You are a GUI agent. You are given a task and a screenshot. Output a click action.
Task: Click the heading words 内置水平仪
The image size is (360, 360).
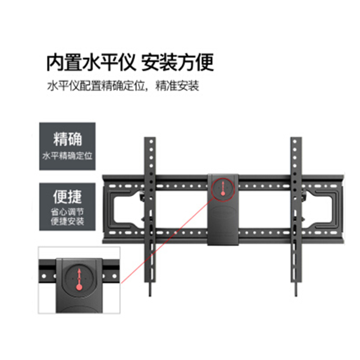pos(91,63)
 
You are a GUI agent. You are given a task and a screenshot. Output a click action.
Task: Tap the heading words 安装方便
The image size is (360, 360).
pos(177,63)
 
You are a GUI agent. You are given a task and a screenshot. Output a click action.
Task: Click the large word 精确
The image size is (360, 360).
pos(67,139)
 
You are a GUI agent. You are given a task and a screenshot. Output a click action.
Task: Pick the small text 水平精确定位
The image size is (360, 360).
pos(67,156)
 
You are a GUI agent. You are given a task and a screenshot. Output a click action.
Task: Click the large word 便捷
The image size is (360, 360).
pos(67,197)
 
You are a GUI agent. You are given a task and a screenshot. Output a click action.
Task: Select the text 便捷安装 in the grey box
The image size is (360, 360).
pos(67,221)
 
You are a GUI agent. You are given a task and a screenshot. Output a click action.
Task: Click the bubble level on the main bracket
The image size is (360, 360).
pos(223,188)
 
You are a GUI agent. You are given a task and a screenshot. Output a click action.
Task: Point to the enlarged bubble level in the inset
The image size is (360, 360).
pos(79,279)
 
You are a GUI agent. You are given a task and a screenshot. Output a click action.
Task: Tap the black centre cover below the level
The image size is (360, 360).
pos(223,225)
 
